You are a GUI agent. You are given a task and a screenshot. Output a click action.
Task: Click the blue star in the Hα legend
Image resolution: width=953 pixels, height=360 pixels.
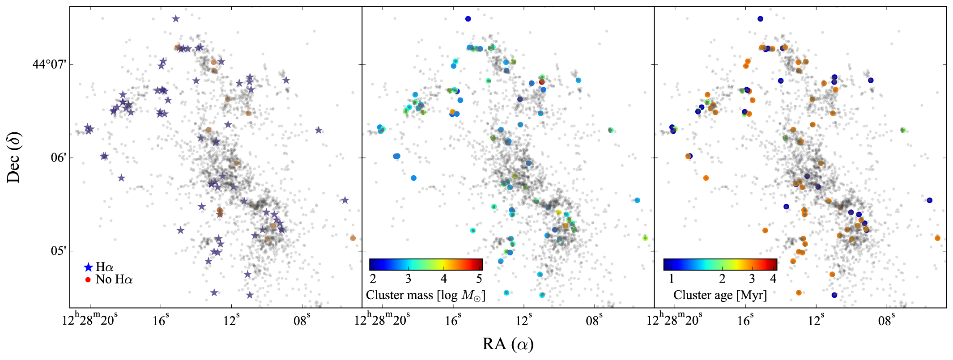pos(89,267)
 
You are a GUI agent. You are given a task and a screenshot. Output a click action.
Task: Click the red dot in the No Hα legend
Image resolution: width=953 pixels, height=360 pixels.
pos(88,280)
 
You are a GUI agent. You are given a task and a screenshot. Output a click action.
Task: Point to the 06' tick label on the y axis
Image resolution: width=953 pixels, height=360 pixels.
pos(59,158)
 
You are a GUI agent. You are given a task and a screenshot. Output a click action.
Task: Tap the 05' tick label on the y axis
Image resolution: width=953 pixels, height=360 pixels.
pos(59,251)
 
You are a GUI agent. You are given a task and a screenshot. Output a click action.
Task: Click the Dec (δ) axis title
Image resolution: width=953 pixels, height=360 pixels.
pos(14,157)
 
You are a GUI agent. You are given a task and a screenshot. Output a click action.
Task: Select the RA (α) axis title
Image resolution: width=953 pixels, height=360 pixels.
pos(508,344)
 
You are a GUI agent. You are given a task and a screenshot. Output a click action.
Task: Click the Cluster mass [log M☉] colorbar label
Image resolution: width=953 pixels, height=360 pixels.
pos(425,295)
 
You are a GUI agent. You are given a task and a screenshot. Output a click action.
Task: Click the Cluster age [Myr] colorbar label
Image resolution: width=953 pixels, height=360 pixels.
pos(720,295)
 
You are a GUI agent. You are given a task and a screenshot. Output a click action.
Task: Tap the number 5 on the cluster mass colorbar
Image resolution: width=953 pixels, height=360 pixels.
pos(479,279)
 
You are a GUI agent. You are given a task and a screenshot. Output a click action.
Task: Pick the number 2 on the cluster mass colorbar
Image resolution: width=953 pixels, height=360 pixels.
pos(373,279)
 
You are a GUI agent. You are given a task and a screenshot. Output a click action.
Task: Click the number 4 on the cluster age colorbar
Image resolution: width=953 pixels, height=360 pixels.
pos(773,279)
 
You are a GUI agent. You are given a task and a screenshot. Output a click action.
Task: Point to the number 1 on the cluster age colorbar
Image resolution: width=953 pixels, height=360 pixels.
pos(671,279)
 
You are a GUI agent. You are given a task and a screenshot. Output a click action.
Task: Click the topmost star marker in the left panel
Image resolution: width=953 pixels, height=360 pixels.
pos(175,19)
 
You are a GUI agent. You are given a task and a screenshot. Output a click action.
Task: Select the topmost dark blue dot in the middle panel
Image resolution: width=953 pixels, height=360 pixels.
pos(468,19)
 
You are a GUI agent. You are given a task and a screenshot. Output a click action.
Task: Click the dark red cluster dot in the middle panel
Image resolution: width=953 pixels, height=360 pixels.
pos(542,82)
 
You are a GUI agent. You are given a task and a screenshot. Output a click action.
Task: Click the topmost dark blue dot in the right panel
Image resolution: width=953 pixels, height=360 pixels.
pos(760,19)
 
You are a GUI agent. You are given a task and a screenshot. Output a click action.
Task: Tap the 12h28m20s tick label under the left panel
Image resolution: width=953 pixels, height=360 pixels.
pos(90,320)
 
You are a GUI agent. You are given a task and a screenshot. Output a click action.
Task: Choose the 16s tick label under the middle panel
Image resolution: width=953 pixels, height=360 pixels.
pos(453,320)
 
